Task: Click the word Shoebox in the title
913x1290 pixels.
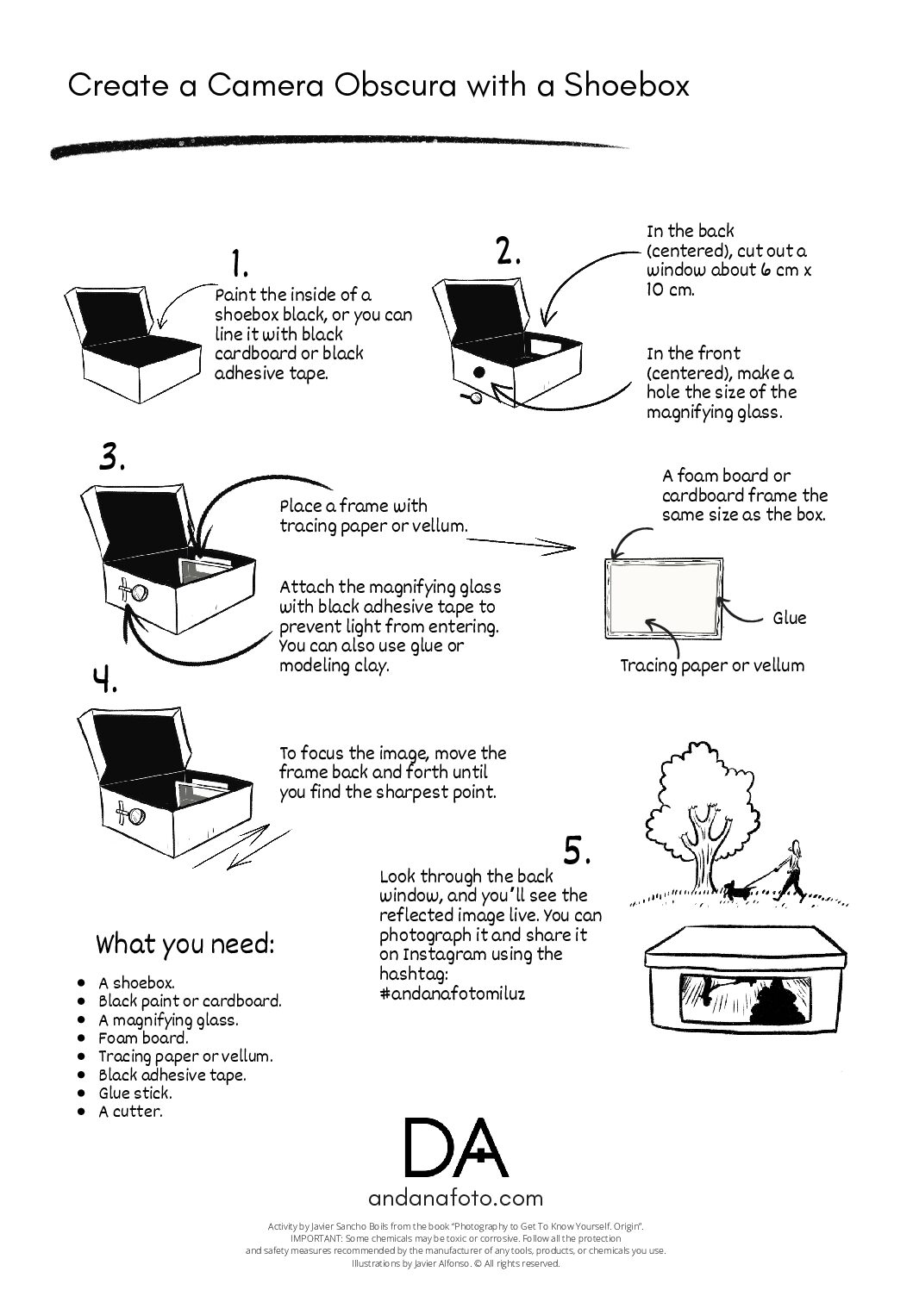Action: (626, 86)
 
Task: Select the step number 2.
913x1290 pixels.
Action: (508, 250)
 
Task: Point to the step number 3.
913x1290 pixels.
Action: (112, 457)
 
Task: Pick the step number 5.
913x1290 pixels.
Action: (577, 851)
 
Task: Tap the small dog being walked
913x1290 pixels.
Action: (734, 890)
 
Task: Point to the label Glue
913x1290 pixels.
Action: (789, 618)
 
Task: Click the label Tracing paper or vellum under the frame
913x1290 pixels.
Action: (712, 665)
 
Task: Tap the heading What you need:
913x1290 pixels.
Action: (185, 944)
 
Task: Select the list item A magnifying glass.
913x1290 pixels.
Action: (168, 1019)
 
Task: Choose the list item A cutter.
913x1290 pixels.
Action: (130, 1111)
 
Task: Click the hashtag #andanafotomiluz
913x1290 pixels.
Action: (453, 993)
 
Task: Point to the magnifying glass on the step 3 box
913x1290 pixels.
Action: (138, 591)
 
